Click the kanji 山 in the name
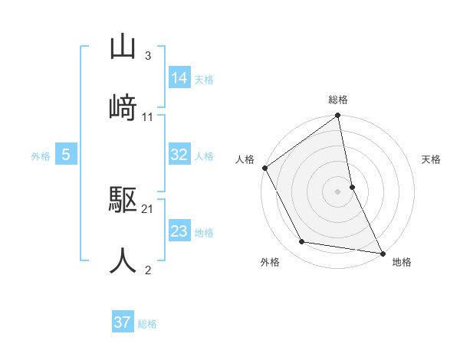(x=123, y=47)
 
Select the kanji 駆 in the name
(x=123, y=201)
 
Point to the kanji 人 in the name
(x=123, y=260)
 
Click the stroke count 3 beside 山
(x=147, y=56)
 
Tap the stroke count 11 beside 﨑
(x=148, y=116)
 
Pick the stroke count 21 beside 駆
(x=148, y=209)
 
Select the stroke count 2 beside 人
(x=147, y=270)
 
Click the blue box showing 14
(x=179, y=78)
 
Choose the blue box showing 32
(x=179, y=155)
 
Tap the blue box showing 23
(x=179, y=231)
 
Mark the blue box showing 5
(x=66, y=155)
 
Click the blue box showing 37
(x=123, y=322)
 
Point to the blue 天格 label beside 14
(x=204, y=79)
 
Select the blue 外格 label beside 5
(x=41, y=156)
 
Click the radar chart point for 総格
(x=338, y=116)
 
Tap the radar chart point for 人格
(x=265, y=168)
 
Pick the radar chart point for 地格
(x=382, y=252)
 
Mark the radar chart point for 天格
(x=352, y=186)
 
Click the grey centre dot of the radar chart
(x=338, y=191)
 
